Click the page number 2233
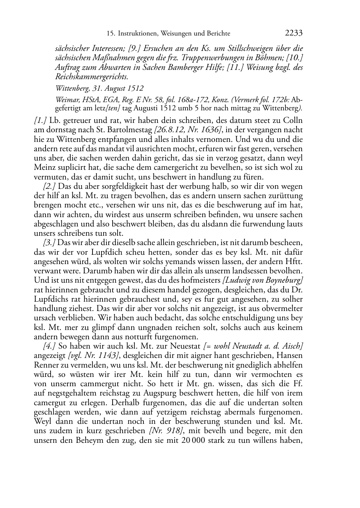click(294, 33)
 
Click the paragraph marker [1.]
click(40, 120)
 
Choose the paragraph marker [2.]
click(49, 186)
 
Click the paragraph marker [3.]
click(49, 243)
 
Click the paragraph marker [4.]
click(49, 346)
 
